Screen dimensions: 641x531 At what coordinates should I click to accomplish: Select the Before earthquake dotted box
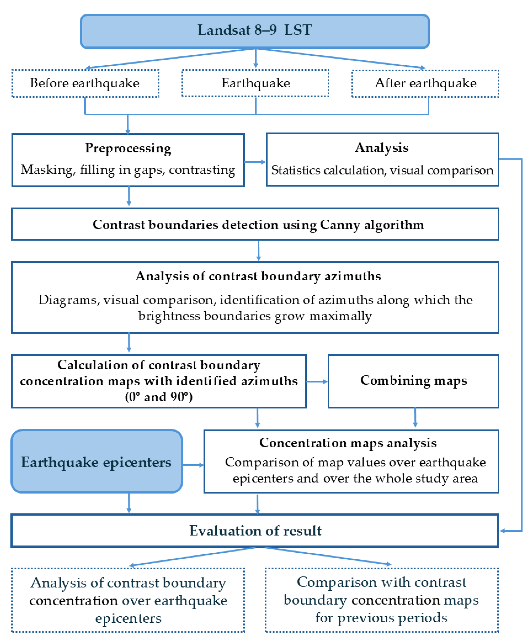coord(85,83)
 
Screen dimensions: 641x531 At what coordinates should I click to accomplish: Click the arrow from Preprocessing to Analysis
coord(255,162)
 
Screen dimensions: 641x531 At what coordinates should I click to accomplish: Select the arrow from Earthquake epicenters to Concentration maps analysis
coord(193,465)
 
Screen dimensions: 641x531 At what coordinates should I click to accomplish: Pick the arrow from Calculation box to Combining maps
coord(317,381)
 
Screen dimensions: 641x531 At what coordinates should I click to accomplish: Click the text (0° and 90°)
coord(159,397)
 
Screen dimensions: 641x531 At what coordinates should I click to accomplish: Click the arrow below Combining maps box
coord(415,418)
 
